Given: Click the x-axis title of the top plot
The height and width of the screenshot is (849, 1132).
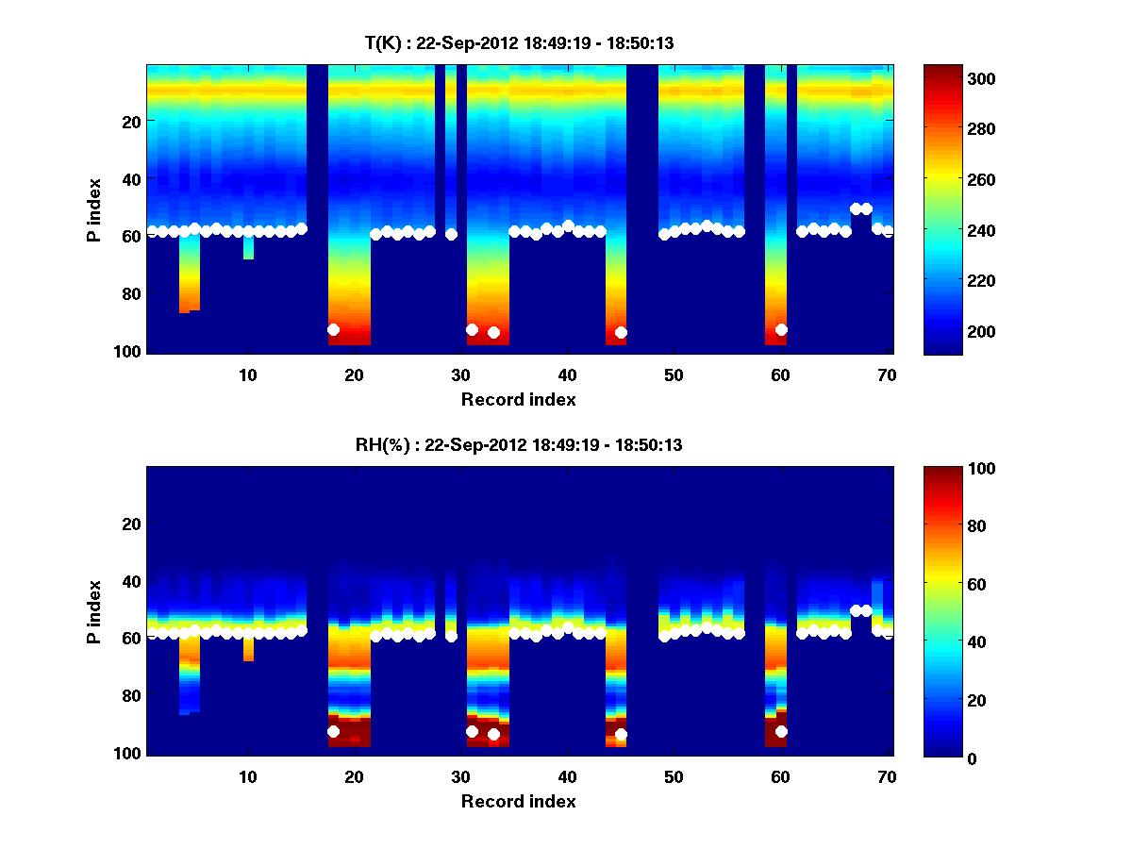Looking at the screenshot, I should pos(518,399).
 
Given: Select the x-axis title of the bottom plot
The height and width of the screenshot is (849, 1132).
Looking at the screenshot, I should pos(518,801).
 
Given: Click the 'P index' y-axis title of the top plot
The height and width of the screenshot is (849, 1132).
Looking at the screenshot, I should pos(94,208).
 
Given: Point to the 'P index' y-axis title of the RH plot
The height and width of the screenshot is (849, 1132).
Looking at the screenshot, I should pos(94,610).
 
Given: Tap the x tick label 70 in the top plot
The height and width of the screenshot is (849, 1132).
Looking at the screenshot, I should pos(886,375).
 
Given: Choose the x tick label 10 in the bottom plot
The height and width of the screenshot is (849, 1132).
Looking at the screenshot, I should pos(247,776).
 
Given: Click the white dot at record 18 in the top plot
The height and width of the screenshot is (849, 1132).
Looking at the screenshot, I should pos(333,329).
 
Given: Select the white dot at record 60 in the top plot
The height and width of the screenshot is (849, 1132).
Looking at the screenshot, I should pos(781,329).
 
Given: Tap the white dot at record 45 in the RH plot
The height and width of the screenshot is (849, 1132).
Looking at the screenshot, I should pos(621,734).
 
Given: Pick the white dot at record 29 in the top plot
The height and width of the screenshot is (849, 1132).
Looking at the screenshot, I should pos(451,234).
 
